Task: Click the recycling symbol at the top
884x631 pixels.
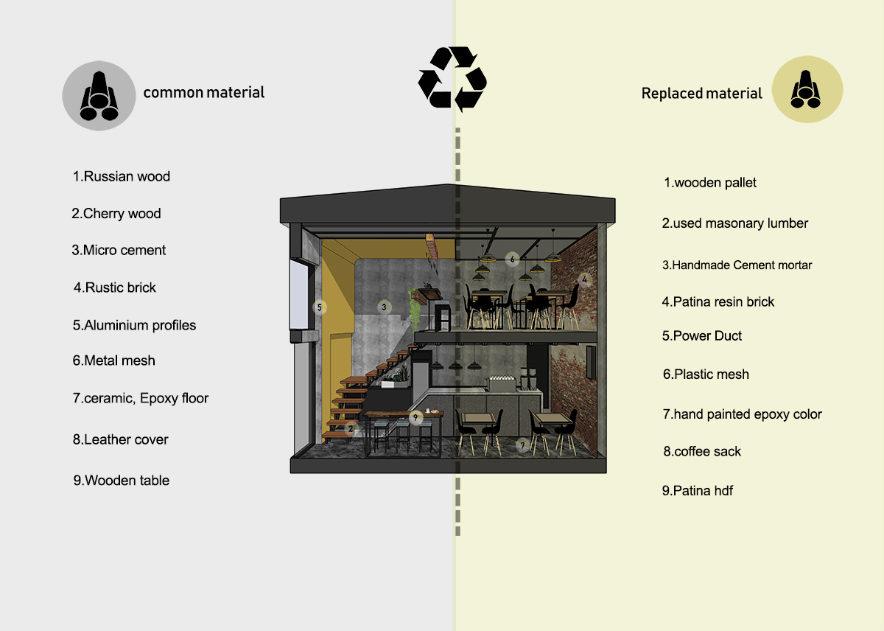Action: [x=452, y=79]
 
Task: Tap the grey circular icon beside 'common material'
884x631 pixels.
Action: [x=99, y=96]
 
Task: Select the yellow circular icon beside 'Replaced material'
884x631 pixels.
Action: [x=807, y=91]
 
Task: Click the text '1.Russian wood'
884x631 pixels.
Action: [x=121, y=177]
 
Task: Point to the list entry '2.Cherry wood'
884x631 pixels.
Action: [x=116, y=214]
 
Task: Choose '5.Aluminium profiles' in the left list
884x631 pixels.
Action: [x=134, y=325]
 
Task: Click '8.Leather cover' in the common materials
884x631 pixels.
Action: [x=120, y=439]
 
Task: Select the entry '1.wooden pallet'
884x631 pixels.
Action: [x=710, y=183]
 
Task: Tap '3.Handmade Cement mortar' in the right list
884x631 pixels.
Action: [x=737, y=265]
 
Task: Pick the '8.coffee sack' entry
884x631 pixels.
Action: [x=702, y=451]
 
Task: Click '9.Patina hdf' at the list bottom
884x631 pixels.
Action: [x=697, y=491]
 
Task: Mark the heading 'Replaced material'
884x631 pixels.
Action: [x=702, y=94]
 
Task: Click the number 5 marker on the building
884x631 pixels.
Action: [x=319, y=307]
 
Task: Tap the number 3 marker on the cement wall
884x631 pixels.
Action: [x=384, y=306]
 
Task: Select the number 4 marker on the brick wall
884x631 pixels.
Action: [x=584, y=279]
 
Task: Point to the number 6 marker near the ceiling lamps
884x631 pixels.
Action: [x=513, y=259]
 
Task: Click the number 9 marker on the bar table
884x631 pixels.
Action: [x=416, y=418]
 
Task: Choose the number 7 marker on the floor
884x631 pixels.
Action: [x=522, y=445]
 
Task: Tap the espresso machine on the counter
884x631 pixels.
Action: [x=500, y=386]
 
